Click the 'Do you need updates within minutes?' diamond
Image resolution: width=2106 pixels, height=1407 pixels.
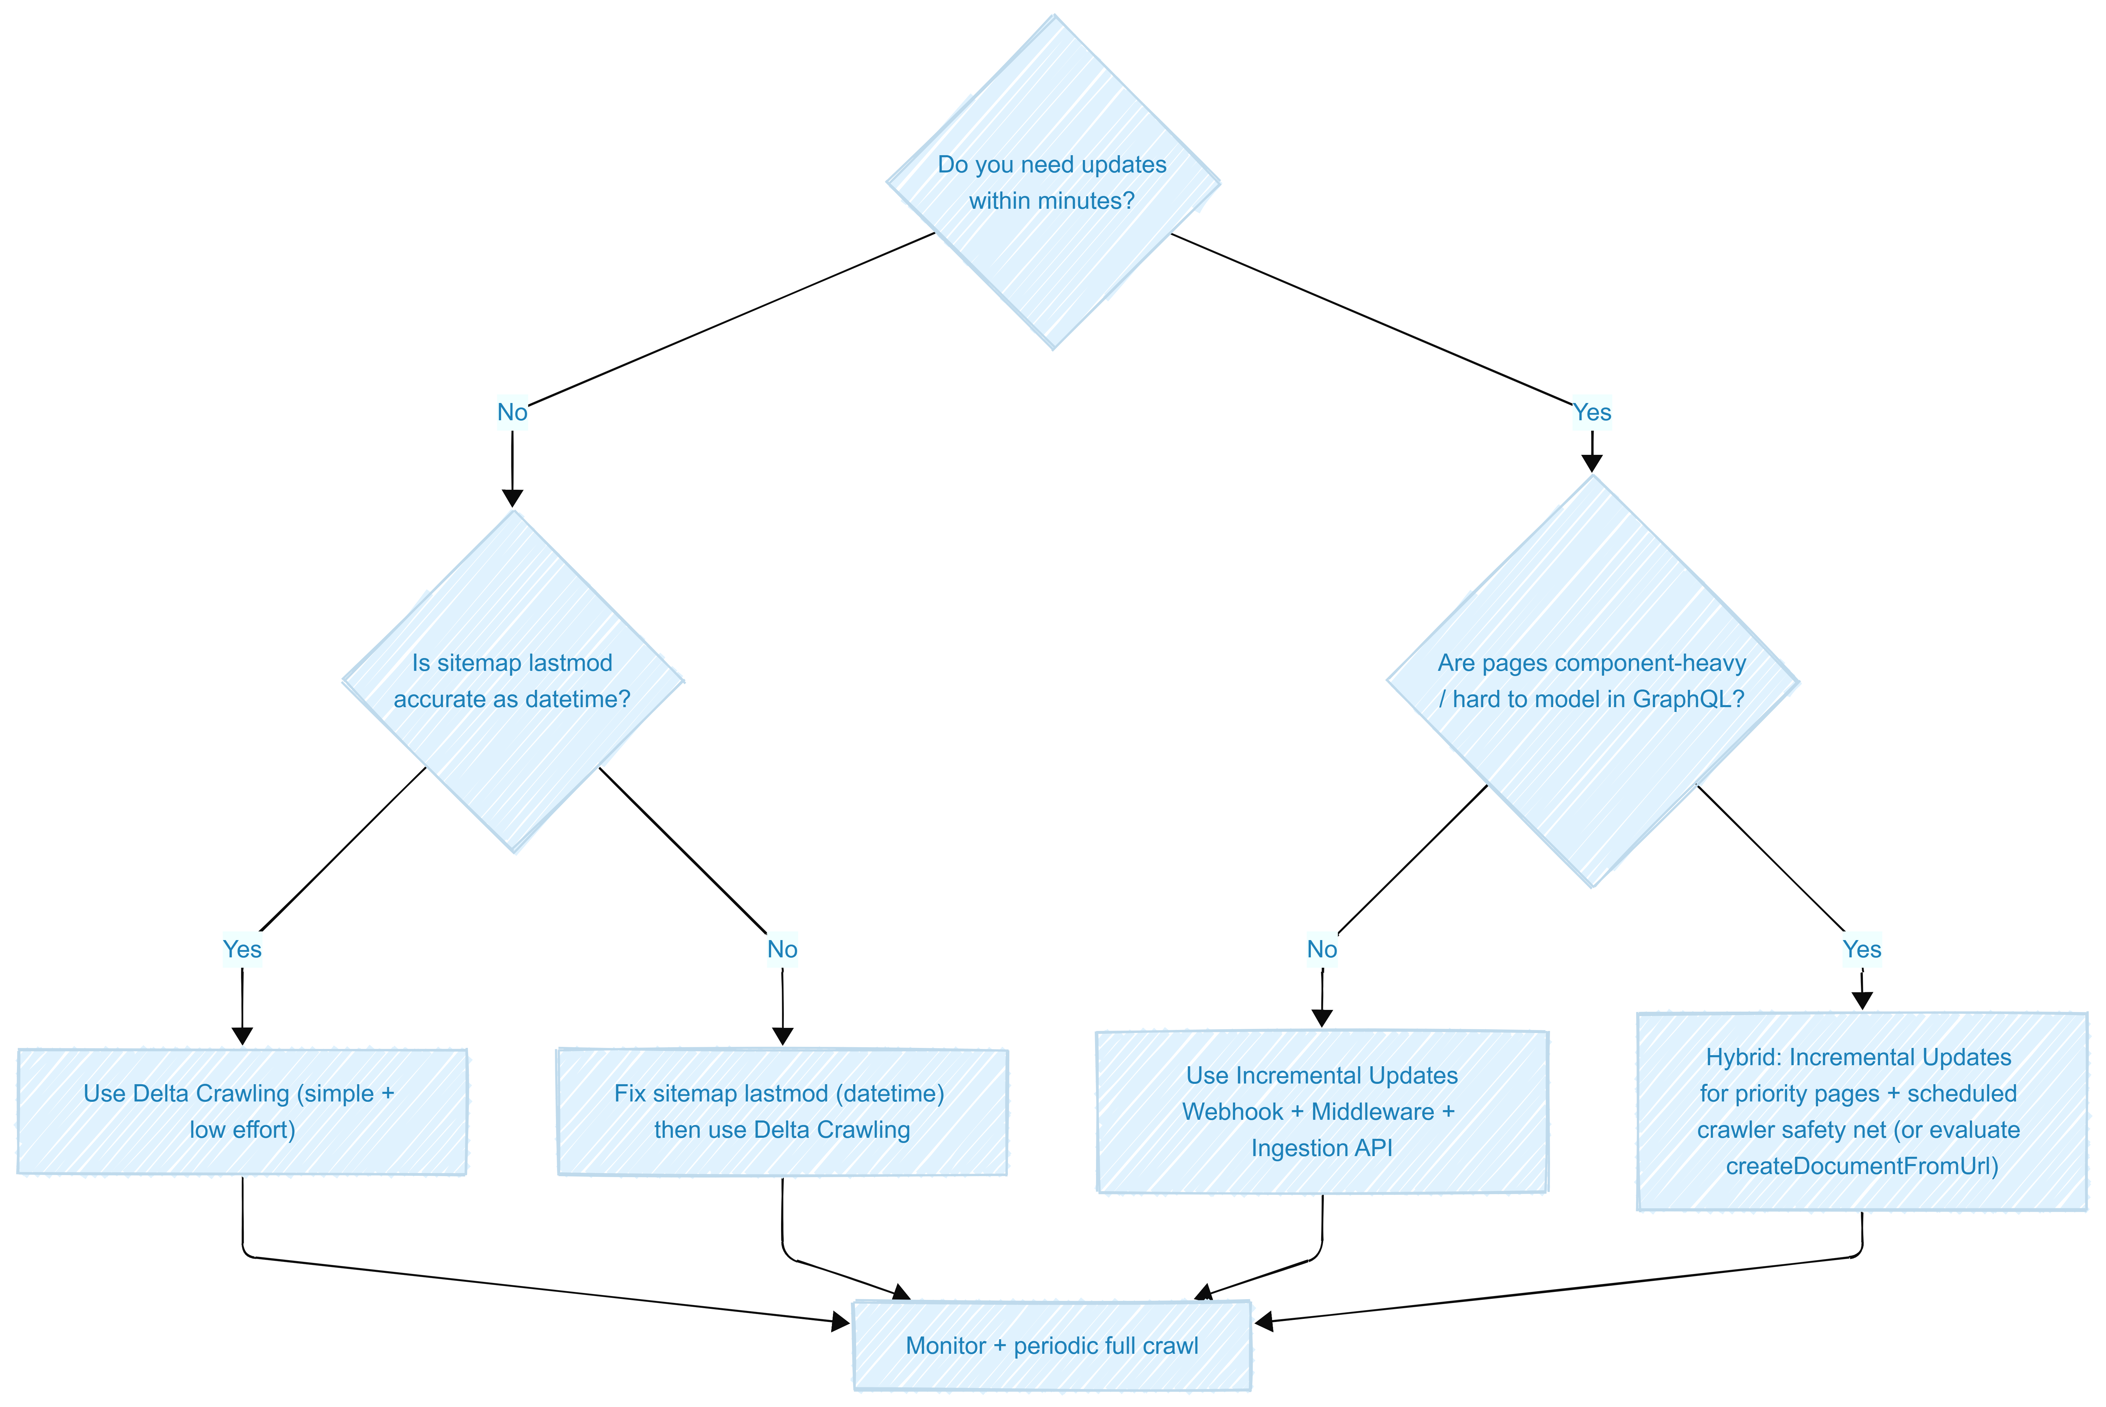coord(1053,182)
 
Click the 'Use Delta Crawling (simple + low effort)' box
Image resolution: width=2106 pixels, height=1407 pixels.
coord(242,1112)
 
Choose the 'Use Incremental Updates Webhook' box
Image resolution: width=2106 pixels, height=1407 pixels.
coord(1322,1112)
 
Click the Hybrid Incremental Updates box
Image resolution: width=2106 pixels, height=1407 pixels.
coord(1862,1112)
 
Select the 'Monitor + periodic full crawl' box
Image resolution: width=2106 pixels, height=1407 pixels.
coord(1052,1346)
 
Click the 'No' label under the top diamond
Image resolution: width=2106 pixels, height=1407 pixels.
coord(513,412)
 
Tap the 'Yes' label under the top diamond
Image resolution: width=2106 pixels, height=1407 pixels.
coord(1592,412)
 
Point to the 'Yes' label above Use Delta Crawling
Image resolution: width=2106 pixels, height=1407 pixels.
coord(242,949)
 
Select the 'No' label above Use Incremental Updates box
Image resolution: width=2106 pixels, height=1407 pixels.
coord(1322,949)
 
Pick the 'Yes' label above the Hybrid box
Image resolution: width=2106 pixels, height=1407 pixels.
coord(1862,949)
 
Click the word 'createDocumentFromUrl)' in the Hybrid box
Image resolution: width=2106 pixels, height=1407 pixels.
coord(1862,1166)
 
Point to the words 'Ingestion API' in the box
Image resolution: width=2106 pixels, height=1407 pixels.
coord(1322,1148)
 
